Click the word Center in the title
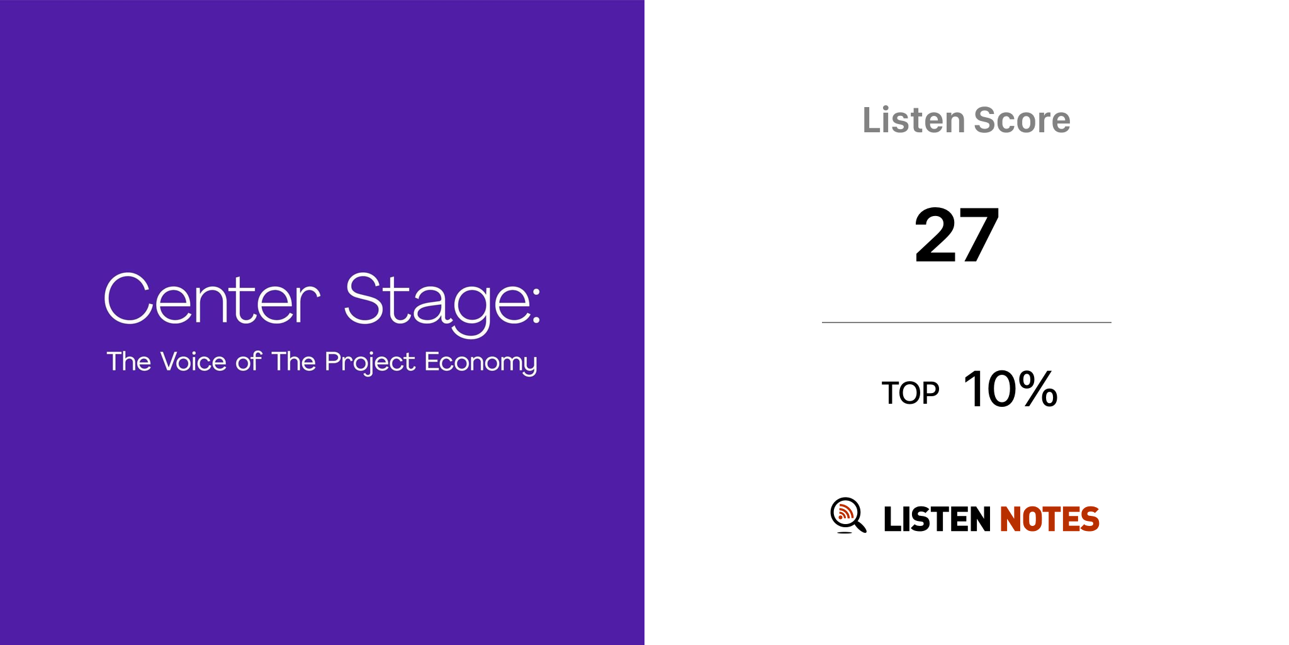pos(212,299)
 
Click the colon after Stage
pos(536,309)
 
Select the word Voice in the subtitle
pos(193,362)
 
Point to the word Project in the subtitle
pos(370,363)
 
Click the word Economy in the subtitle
pos(481,363)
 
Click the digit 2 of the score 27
pos(935,235)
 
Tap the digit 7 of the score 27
pos(978,235)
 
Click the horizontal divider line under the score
pos(967,322)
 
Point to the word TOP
pos(910,393)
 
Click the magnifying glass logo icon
pos(848,515)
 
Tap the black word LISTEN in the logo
pos(937,519)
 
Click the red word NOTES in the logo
pos(1049,519)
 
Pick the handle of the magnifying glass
pos(859,525)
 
